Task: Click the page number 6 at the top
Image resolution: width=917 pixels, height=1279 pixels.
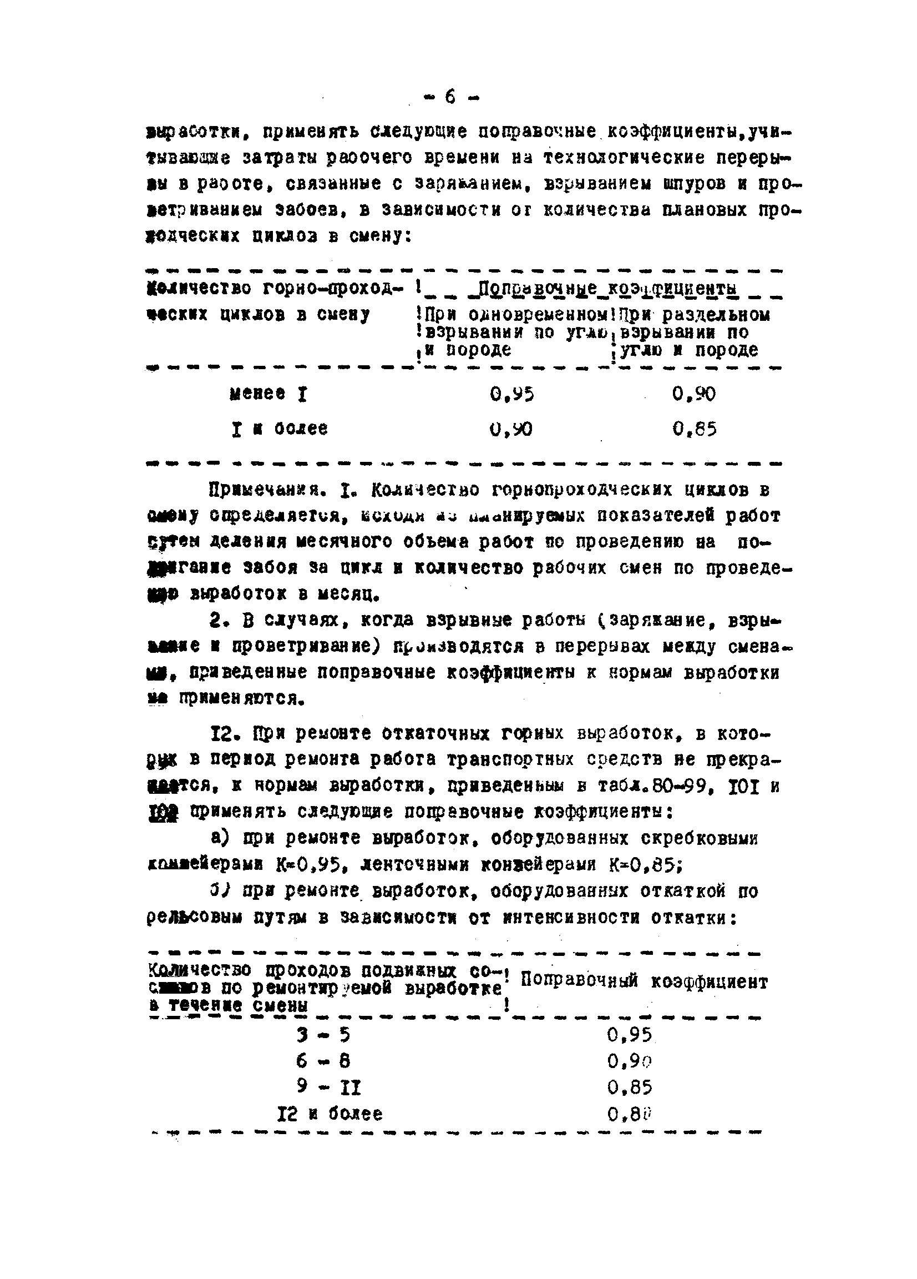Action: point(450,97)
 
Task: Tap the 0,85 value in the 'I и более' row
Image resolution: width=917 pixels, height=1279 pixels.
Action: point(695,430)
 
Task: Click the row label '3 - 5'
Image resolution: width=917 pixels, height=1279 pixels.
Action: point(323,1035)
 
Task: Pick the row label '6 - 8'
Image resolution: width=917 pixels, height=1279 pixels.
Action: point(323,1061)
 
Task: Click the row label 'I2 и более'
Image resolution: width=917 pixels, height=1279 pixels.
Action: point(330,1114)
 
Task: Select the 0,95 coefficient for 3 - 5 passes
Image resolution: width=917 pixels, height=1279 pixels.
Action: point(630,1035)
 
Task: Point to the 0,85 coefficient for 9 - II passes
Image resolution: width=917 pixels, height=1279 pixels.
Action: point(630,1087)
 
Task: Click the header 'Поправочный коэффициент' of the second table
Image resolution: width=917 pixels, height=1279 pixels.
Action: point(644,982)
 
